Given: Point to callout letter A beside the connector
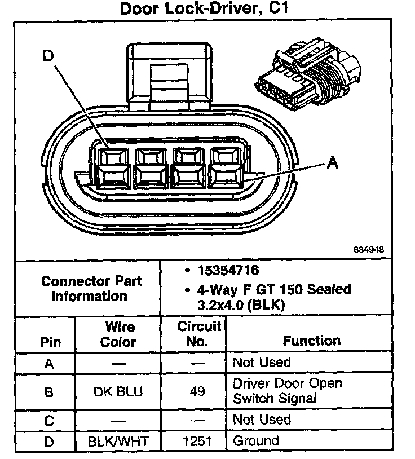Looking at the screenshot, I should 333,162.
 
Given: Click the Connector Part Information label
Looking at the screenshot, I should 91,288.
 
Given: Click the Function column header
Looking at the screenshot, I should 312,341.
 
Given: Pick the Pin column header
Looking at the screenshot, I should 50,342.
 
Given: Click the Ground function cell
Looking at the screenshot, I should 255,441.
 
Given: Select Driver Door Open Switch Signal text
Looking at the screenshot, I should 287,391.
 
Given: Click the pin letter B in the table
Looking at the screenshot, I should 50,391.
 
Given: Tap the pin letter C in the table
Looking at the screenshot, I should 50,420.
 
